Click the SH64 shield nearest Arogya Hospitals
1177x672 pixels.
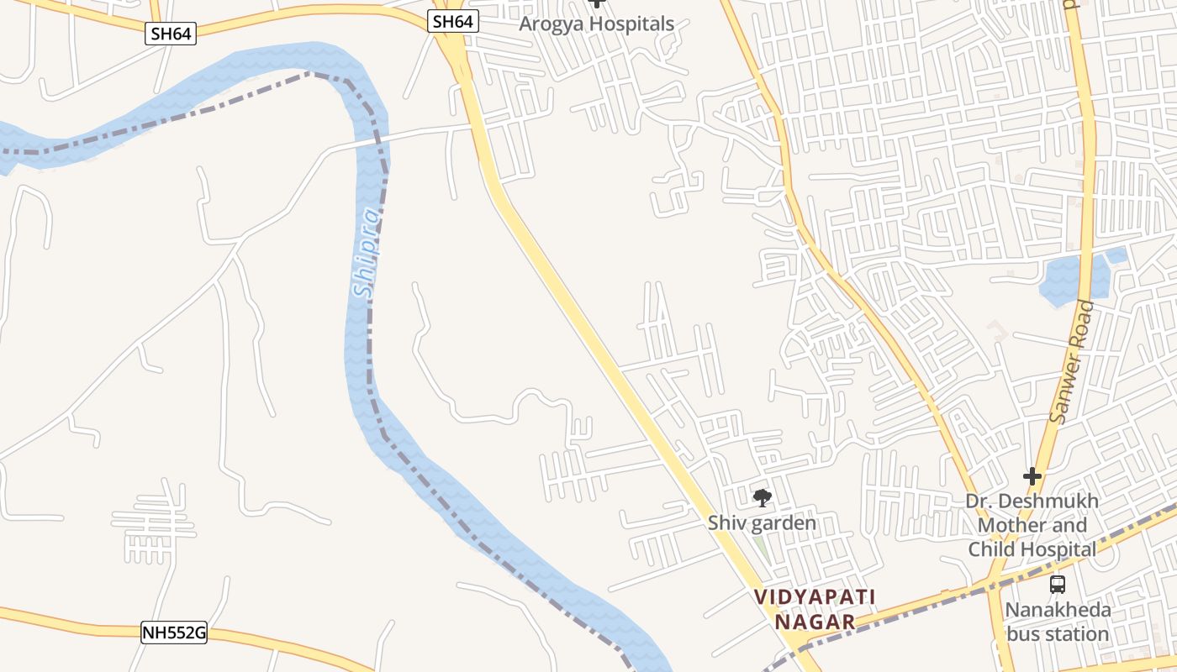coord(453,22)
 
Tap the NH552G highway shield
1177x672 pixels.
coord(174,633)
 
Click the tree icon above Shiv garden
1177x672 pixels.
coord(763,498)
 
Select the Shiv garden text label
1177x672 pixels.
coord(762,523)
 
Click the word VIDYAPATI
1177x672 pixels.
coord(815,597)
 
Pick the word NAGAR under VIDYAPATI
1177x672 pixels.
coord(815,622)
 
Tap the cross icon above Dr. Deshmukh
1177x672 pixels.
coord(1032,477)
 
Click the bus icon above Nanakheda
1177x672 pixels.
coord(1058,585)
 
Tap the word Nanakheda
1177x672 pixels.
coord(1058,610)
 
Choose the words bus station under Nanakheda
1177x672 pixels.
coord(1058,633)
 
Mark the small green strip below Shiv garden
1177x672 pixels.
coord(761,546)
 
